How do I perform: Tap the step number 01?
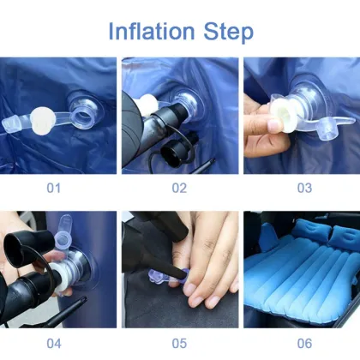click(57, 187)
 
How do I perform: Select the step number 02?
click(179, 187)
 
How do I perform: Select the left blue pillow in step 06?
click(307, 229)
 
